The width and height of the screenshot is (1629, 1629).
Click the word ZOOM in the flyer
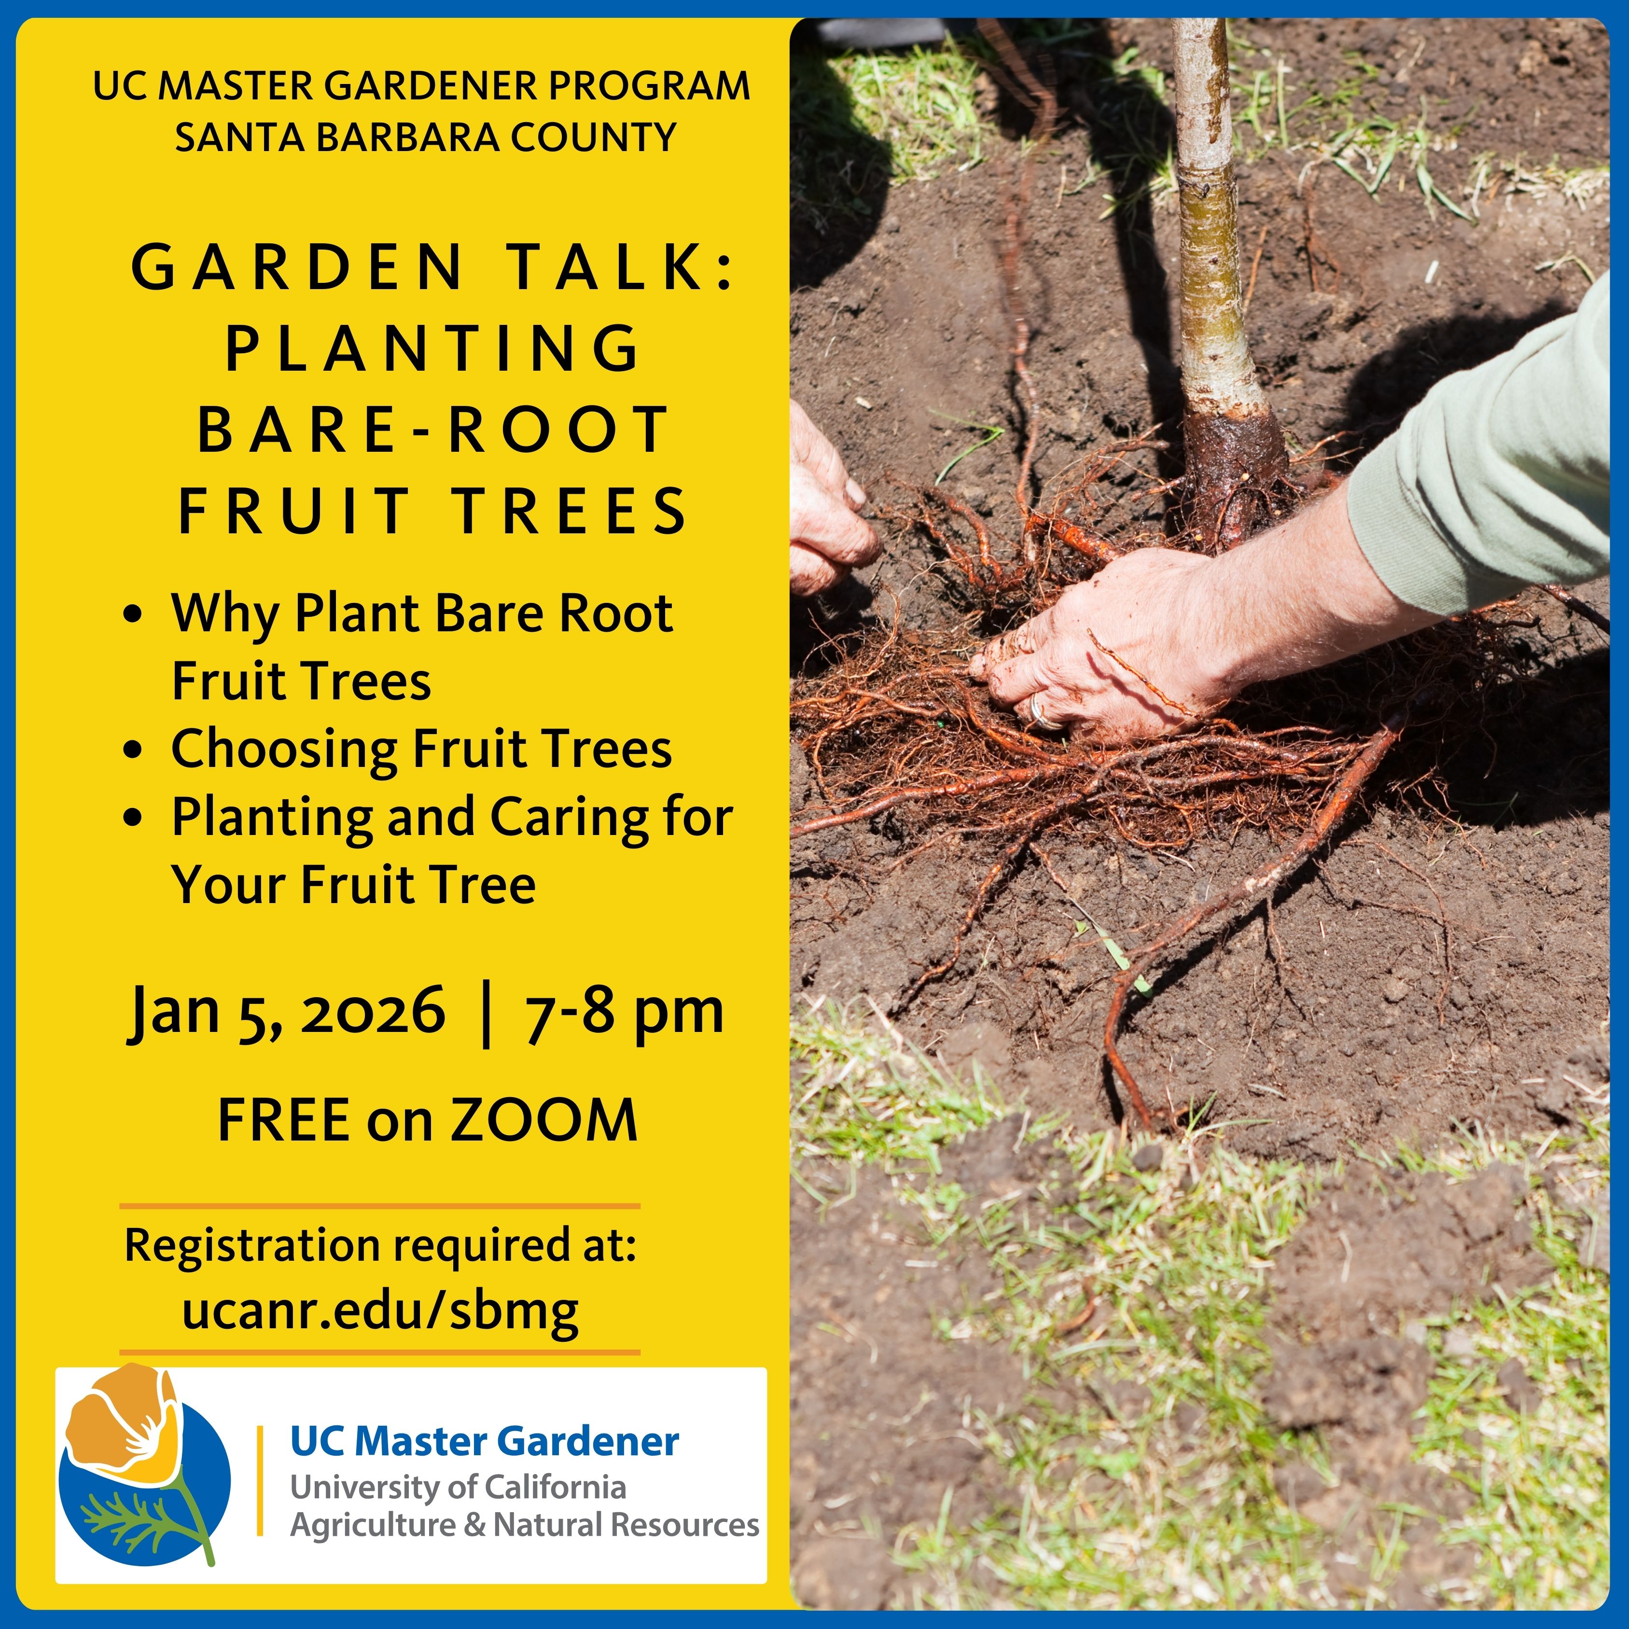[x=544, y=1121]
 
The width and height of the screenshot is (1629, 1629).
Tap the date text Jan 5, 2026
[x=287, y=1012]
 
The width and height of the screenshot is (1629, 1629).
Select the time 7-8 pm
[x=624, y=1012]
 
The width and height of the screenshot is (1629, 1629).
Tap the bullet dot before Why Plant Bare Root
[x=132, y=614]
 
